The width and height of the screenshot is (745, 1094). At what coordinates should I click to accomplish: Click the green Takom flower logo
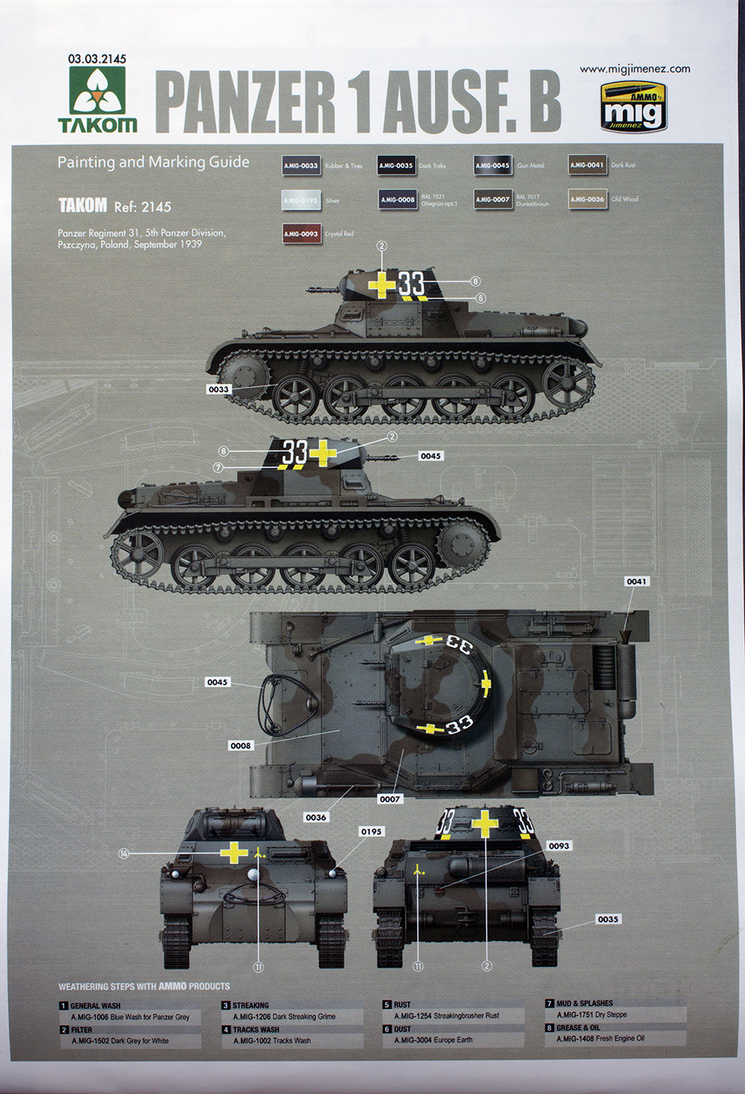[x=97, y=91]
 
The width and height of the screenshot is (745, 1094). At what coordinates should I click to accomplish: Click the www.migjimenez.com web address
[x=634, y=69]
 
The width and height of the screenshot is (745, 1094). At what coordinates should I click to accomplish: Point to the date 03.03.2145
[x=97, y=59]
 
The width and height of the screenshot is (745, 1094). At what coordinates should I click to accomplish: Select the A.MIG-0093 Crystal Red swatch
[x=301, y=234]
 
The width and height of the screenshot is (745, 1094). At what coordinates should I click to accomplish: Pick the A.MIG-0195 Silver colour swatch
[x=301, y=200]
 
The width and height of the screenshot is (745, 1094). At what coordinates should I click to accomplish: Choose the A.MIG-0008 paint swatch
[x=398, y=199]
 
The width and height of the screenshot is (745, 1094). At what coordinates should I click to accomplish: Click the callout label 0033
[x=219, y=389]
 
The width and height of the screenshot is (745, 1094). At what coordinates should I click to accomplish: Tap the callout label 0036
[x=316, y=817]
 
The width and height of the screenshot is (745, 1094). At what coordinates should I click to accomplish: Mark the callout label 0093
[x=559, y=846]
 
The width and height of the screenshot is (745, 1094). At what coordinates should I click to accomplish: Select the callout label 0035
[x=607, y=919]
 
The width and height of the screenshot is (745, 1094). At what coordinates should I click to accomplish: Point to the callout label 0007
[x=389, y=799]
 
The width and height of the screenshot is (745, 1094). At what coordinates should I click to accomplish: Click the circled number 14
[x=124, y=853]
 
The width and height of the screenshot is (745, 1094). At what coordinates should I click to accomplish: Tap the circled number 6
[x=481, y=298]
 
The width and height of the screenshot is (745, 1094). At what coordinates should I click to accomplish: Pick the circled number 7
[x=218, y=467]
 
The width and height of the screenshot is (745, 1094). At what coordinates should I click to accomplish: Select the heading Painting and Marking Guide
[x=153, y=162]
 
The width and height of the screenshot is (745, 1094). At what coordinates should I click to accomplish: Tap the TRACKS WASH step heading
[x=256, y=1029]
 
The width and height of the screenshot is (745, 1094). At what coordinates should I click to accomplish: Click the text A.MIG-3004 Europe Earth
[x=433, y=1040]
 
